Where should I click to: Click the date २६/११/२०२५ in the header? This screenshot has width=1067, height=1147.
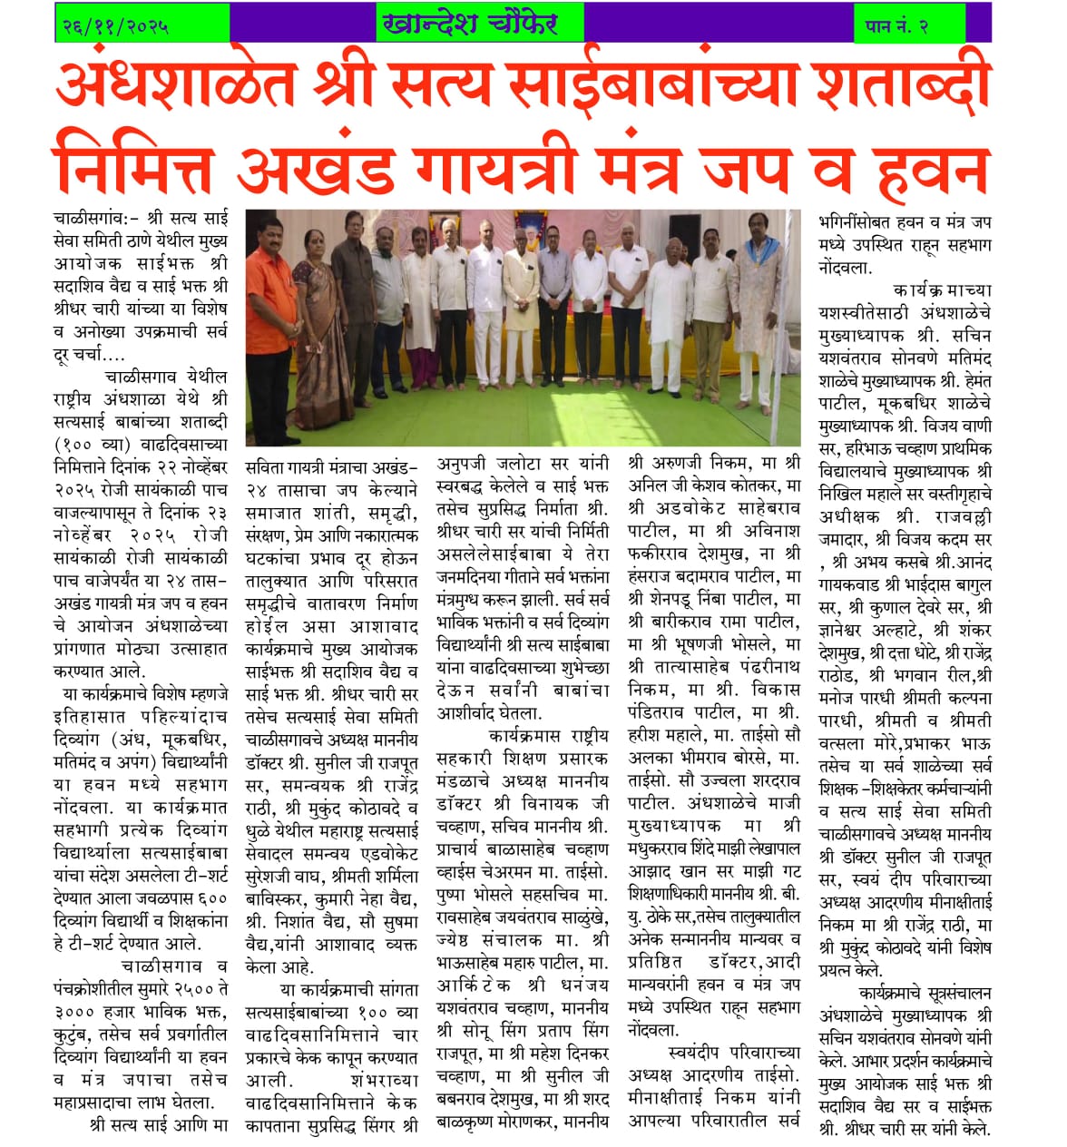(x=115, y=25)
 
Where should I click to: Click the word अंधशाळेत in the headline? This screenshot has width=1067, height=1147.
(x=174, y=85)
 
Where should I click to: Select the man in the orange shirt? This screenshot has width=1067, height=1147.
(x=271, y=299)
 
